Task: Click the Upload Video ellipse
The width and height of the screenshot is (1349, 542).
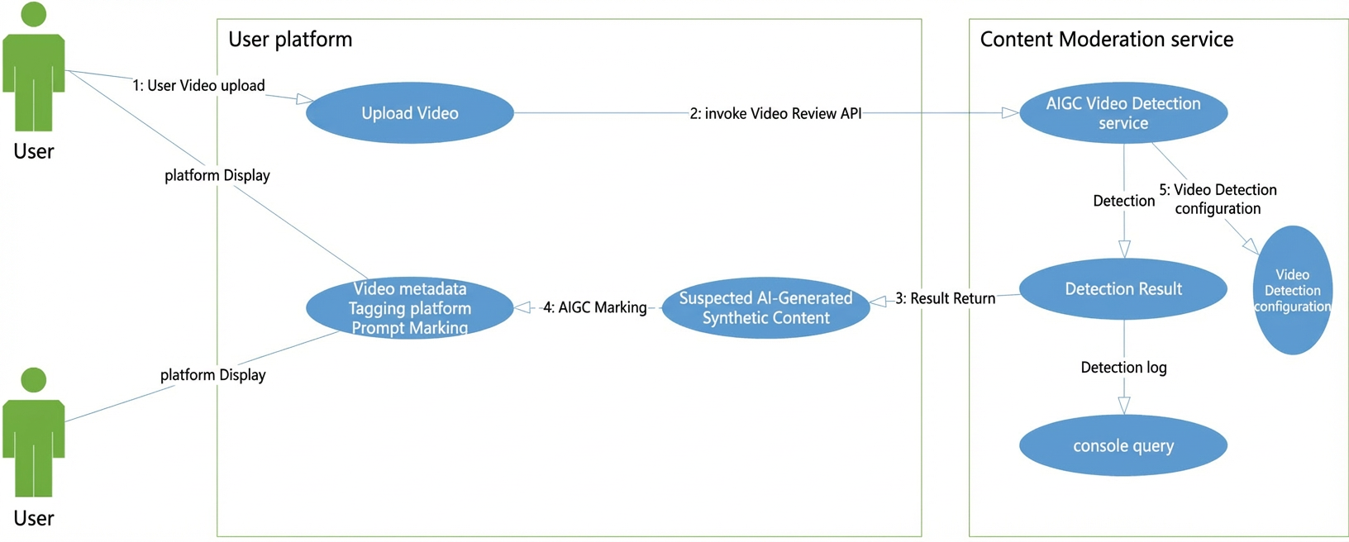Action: pos(409,112)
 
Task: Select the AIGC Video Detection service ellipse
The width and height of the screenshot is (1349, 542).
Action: pos(1123,112)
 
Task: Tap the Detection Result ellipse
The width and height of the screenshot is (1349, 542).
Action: pos(1123,288)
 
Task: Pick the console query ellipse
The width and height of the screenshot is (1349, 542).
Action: pos(1123,445)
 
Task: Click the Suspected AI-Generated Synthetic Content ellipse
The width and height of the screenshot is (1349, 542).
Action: pos(765,307)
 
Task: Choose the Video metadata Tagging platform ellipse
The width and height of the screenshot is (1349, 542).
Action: pos(409,307)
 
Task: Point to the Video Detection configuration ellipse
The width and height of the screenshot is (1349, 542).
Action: pos(1293,290)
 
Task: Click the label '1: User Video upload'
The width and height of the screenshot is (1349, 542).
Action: pos(198,86)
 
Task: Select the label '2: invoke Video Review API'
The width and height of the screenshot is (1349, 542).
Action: pos(775,113)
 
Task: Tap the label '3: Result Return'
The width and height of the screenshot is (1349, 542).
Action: pos(945,298)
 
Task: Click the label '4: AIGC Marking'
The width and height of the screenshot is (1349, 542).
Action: pos(595,307)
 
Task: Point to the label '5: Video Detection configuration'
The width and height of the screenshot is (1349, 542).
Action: pos(1218,199)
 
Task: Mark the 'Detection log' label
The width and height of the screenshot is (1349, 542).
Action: pos(1124,368)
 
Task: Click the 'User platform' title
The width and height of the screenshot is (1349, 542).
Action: pos(290,39)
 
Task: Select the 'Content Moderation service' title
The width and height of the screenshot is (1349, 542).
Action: pos(1107,39)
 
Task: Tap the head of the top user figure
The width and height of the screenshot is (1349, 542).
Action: pos(34,14)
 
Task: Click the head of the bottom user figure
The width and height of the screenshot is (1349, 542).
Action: pos(34,380)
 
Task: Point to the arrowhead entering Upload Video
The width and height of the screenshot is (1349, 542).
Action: pos(305,99)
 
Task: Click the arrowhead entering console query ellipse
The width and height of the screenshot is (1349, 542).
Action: pos(1124,406)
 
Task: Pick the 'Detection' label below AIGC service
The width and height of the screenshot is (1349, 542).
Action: pos(1124,201)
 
